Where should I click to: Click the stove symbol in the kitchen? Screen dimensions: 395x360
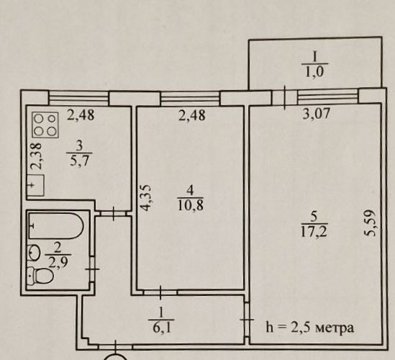(45, 125)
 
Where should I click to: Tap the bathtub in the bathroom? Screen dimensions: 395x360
(56, 226)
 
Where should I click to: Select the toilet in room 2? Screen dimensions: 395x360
(40, 275)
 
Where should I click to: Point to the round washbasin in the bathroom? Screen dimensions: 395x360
(35, 252)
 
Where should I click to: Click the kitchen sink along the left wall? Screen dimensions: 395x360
(35, 185)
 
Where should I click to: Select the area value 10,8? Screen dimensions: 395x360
(191, 205)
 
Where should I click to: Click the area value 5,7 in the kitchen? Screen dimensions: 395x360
(79, 161)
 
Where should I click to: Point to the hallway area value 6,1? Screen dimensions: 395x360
(161, 328)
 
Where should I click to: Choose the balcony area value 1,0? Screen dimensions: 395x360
(314, 72)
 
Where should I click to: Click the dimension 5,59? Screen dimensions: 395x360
(371, 223)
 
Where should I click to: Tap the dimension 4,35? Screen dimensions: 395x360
(145, 198)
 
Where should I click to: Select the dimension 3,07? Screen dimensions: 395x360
(316, 114)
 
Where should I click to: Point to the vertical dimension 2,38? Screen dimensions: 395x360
(37, 156)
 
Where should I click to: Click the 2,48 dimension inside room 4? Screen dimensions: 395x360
(191, 115)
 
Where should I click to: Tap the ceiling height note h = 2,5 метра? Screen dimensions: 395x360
(310, 328)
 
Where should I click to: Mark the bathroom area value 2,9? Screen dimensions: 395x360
(58, 264)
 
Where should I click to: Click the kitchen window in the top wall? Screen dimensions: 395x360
(78, 98)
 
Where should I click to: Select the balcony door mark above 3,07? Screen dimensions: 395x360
(285, 98)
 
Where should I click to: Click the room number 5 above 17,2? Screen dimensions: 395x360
(314, 217)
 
